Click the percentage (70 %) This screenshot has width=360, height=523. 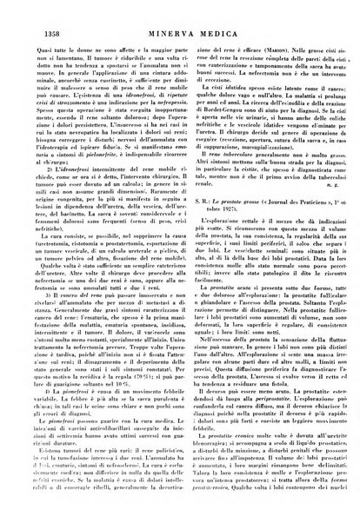click(x=130, y=396)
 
